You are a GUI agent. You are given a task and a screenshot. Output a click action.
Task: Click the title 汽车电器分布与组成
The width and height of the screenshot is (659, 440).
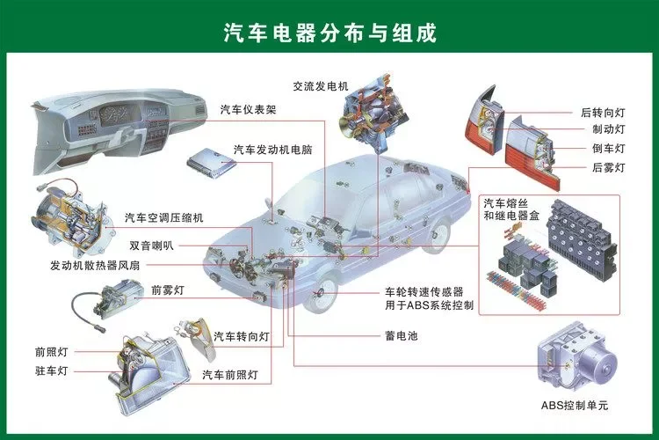[329, 33]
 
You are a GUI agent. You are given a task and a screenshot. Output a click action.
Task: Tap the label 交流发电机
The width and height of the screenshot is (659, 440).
[321, 86]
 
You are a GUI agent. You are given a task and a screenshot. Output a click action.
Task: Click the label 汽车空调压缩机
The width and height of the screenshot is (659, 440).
[164, 217]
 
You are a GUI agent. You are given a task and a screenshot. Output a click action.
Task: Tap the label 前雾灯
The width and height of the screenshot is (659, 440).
[167, 289]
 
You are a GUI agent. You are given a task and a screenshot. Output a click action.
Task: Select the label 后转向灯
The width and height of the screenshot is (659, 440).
[603, 113]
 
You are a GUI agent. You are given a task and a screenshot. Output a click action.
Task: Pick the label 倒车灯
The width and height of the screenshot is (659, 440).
[608, 148]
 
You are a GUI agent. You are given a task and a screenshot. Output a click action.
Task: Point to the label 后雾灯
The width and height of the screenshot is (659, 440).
[608, 167]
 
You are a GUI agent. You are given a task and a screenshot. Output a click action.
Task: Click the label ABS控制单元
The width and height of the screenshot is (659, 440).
[575, 406]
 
